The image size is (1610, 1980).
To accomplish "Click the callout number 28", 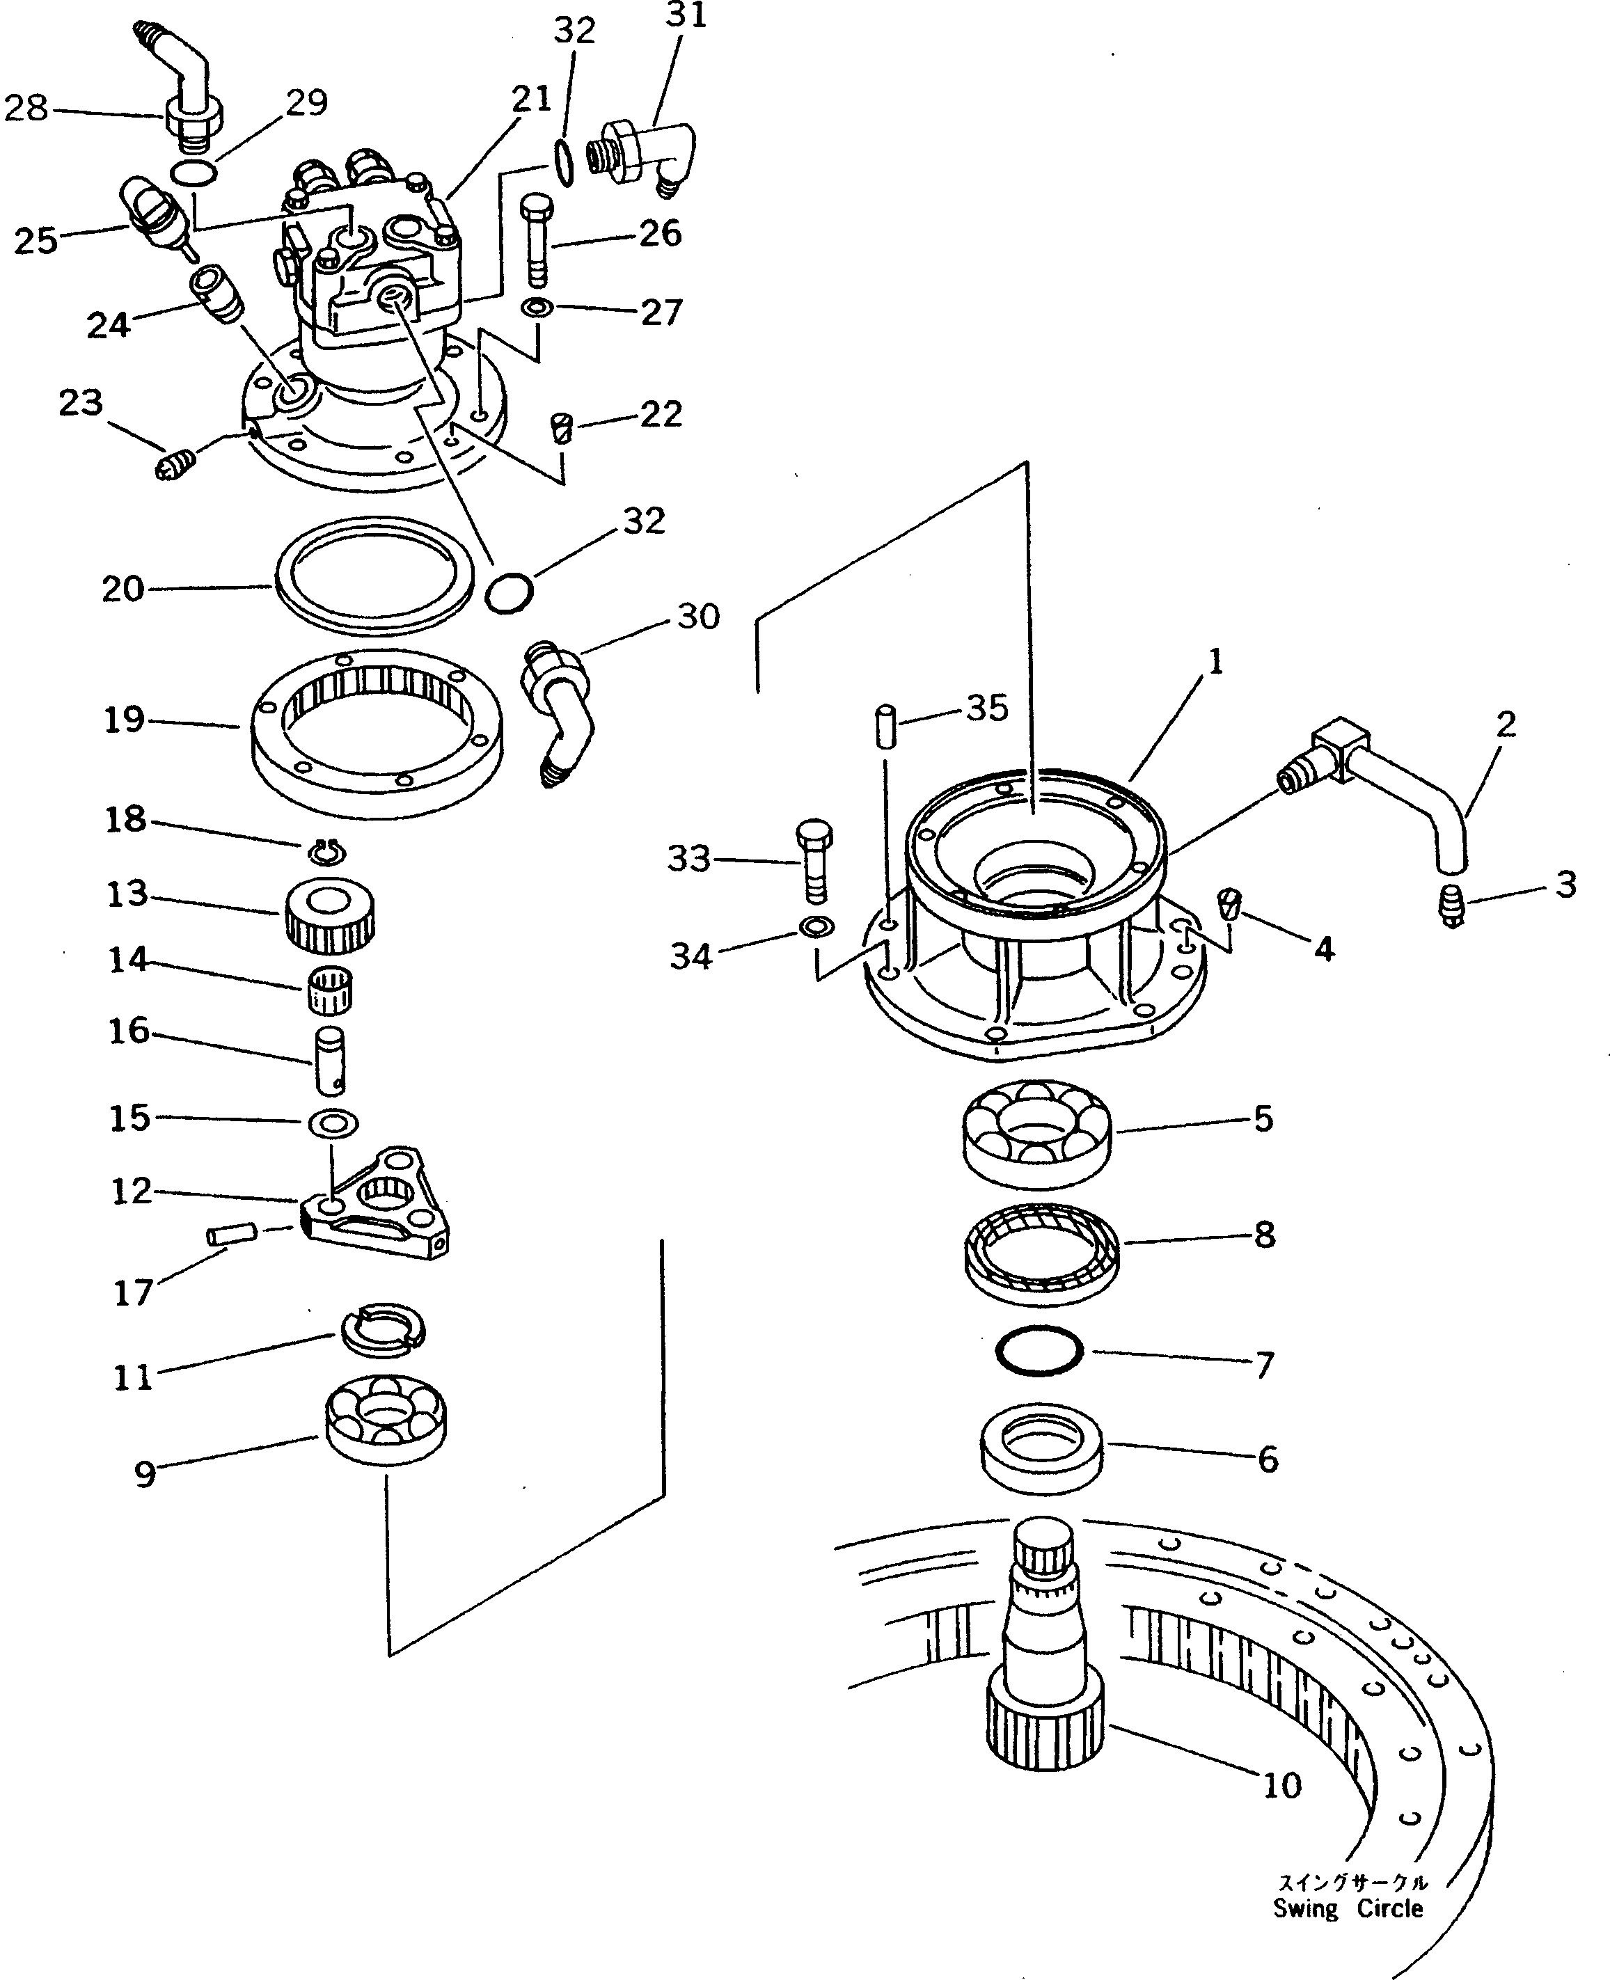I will point(26,109).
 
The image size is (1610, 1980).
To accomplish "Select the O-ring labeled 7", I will point(1039,1352).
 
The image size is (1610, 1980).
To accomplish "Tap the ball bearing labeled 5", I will point(1037,1132).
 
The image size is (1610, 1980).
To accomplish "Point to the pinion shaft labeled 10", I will point(1045,1660).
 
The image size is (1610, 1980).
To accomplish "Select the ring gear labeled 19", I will point(377,733).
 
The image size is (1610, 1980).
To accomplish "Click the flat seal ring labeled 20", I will point(374,576).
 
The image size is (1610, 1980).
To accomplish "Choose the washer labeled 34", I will point(816,926).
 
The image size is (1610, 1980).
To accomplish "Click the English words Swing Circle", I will point(1348,1908).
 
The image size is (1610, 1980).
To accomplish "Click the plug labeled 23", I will point(176,463).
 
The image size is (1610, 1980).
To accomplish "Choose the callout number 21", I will point(531,98).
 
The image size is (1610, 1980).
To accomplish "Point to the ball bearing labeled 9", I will point(386,1419).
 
